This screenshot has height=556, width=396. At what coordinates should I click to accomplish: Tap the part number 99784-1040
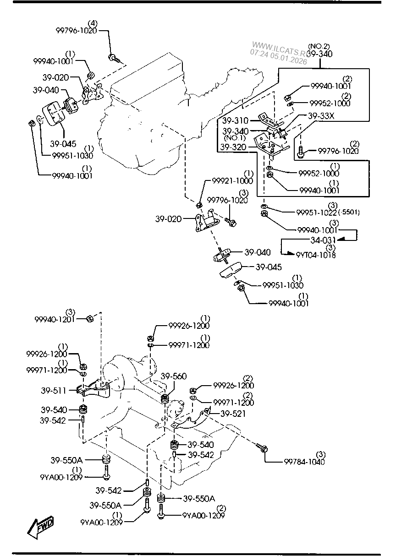304,462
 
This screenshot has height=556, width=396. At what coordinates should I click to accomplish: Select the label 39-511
53,391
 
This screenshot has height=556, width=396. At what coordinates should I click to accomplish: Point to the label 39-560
173,376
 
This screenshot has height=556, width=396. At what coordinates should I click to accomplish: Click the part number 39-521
232,414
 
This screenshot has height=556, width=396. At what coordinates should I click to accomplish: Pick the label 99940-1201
55,319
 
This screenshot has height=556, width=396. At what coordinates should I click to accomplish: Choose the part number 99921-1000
232,181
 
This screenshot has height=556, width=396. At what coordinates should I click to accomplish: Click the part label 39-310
235,121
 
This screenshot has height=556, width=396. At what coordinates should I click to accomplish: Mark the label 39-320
233,147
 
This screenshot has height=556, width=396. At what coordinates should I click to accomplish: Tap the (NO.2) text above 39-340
319,46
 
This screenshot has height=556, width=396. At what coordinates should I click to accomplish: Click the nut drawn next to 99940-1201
90,318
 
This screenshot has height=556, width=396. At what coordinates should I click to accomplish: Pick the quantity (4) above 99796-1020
93,23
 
